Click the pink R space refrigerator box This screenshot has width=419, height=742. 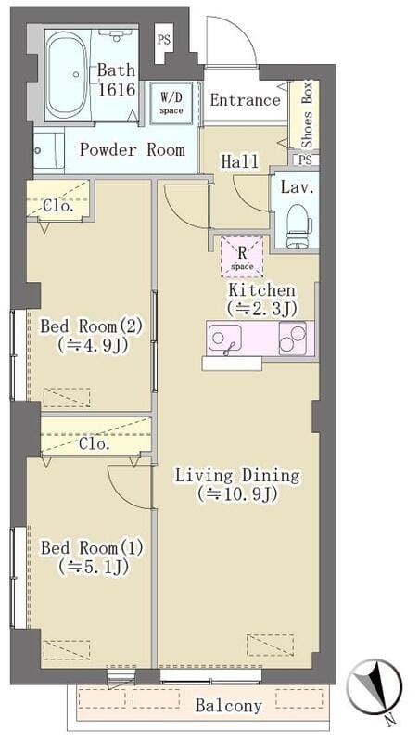tap(242, 256)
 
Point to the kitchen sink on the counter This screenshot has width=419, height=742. tap(224, 339)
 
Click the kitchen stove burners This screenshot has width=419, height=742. tap(294, 339)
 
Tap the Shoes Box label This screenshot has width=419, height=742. tap(308, 116)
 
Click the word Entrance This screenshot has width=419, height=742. tap(245, 100)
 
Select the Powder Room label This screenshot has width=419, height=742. tap(132, 149)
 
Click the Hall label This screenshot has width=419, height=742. tap(239, 161)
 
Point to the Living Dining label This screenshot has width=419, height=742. tap(238, 476)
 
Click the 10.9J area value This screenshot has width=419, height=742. tap(238, 495)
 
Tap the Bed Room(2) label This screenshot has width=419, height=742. tap(91, 326)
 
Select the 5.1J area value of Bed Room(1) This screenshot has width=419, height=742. tap(90, 566)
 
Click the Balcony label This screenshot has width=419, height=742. tap(228, 706)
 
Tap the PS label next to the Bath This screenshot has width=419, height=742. tap(163, 40)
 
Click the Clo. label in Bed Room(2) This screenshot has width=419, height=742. tap(57, 206)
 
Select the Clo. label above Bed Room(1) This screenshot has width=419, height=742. tap(95, 443)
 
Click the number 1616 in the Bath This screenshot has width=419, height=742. tap(118, 90)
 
